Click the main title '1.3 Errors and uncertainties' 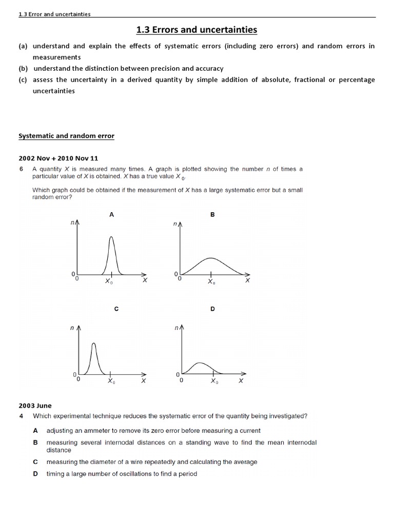tap(197, 30)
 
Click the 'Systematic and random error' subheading tap(66, 136)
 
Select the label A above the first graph tap(111, 215)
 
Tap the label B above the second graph tap(212, 215)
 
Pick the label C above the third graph tap(116, 309)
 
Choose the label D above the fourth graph tap(212, 309)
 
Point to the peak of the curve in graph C tap(93, 344)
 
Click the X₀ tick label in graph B tap(211, 281)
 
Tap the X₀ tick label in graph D tap(214, 382)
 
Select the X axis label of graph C tap(144, 381)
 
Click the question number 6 tap(21, 169)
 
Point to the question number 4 tap(21, 416)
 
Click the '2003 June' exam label tap(35, 406)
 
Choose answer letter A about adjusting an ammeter tap(35, 431)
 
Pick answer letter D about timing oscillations tap(35, 474)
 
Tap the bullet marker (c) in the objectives tap(23, 79)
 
